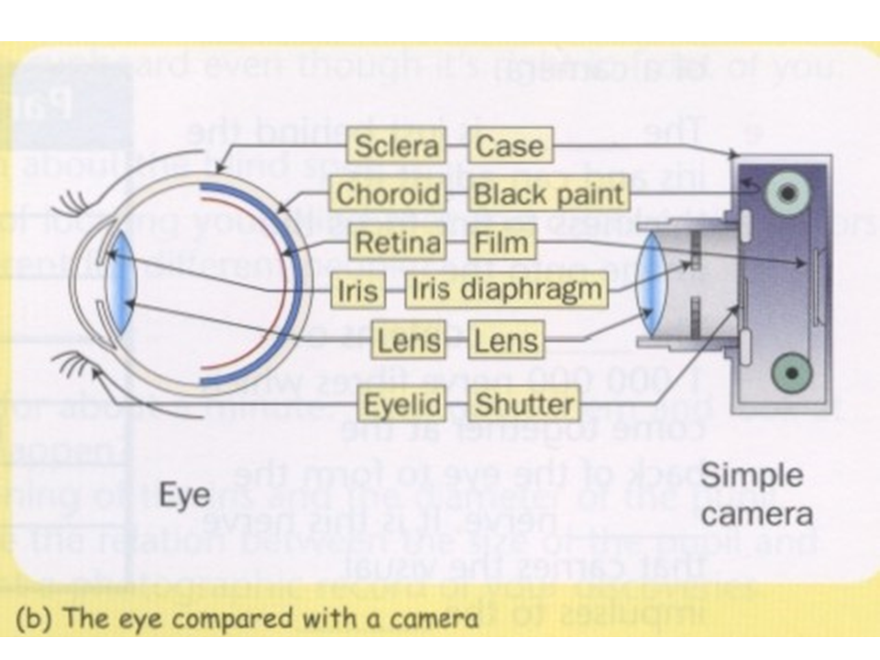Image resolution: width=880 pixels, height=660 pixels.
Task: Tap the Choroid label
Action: coord(388,194)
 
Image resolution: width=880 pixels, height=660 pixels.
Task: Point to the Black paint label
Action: coord(548,194)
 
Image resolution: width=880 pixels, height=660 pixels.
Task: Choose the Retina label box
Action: coord(397,243)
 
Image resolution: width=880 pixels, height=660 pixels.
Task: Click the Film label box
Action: coord(501,243)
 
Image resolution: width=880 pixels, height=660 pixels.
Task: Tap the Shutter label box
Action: coord(525,403)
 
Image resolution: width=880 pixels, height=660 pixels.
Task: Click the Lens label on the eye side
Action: coord(409,342)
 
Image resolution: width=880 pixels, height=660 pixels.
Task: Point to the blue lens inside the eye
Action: coord(120,284)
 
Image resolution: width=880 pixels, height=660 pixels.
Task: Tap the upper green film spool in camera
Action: coord(786,191)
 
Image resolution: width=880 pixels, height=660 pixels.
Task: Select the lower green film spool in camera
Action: coord(786,373)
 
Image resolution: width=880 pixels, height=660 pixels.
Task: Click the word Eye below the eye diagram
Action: coord(185,495)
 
